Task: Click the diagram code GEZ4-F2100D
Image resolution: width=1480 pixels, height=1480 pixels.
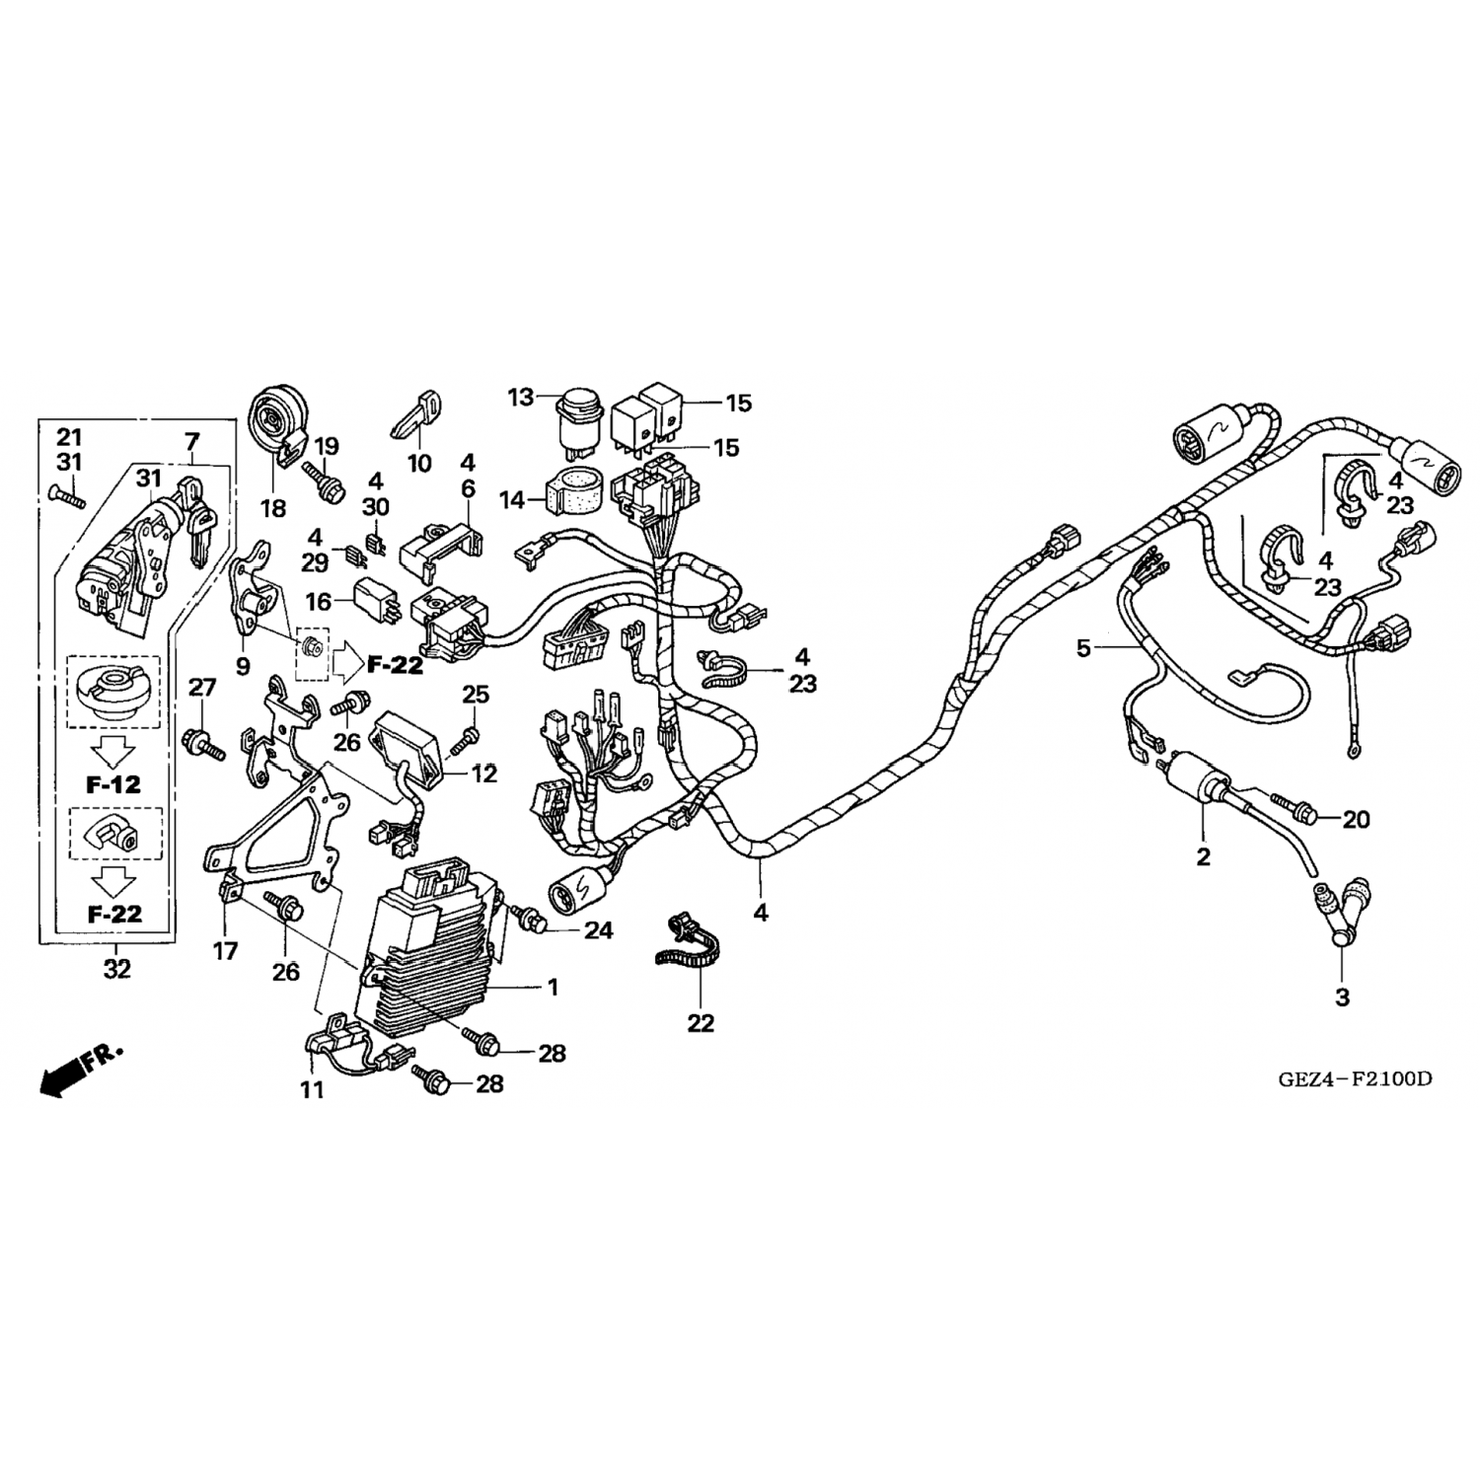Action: [1355, 1077]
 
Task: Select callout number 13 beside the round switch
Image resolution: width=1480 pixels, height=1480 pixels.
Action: [521, 398]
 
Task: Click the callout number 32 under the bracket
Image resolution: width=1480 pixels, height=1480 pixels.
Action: [116, 970]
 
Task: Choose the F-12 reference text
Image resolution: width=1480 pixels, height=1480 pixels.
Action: [113, 785]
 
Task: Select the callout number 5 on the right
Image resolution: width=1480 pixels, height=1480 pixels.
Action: [1084, 648]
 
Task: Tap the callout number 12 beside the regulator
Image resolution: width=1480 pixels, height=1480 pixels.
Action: [484, 775]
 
